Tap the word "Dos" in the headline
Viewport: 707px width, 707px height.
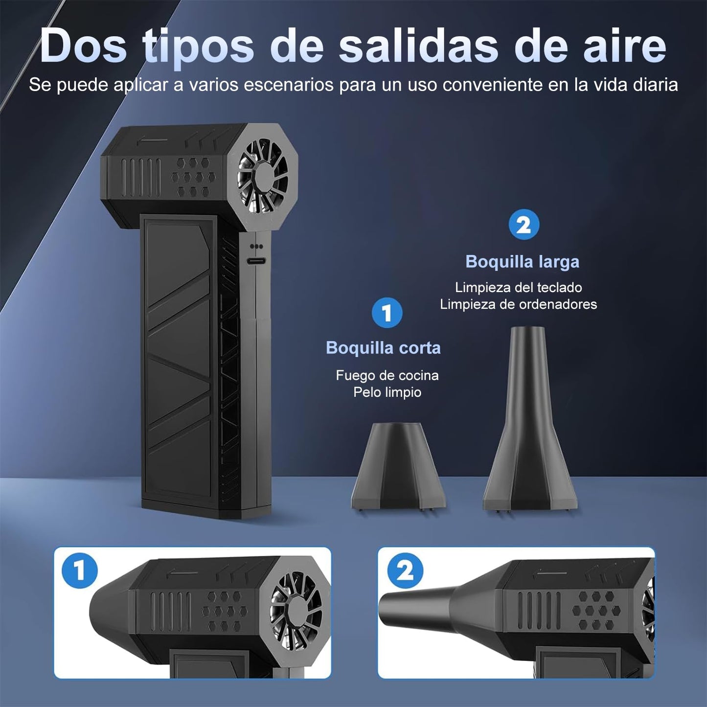coord(83,46)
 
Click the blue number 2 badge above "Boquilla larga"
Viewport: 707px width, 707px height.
coord(524,225)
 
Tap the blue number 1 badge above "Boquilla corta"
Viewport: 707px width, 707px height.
coord(387,313)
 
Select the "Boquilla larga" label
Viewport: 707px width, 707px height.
coord(522,262)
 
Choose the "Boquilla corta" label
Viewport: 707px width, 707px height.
coord(383,348)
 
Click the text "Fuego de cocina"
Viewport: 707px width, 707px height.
coord(387,375)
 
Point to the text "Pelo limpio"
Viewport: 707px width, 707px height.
coord(387,392)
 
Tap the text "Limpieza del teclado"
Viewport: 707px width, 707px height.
coord(519,287)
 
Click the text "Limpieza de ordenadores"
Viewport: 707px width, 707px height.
coord(519,304)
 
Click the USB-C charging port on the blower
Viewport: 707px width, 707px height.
coord(256,261)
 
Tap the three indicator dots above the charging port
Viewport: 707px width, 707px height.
coord(256,246)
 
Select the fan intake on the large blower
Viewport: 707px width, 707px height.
coord(263,176)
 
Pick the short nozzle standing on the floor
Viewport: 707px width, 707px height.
coord(399,467)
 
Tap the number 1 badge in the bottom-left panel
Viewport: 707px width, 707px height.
coord(80,570)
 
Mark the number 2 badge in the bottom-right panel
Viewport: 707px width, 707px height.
coord(405,571)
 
